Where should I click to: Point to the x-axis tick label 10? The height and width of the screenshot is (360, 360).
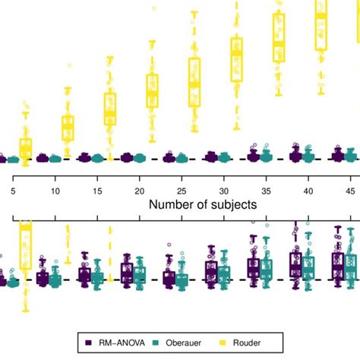tap(55, 191)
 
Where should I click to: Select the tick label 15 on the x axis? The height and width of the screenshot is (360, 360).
tap(97, 191)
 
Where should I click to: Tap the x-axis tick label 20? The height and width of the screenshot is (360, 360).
tap(139, 191)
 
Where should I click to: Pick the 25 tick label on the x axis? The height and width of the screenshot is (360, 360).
tap(181, 191)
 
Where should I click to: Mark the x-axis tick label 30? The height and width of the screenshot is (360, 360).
tap(223, 191)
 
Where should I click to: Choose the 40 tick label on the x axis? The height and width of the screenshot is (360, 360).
tap(308, 191)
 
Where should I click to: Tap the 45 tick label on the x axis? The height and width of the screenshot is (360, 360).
tap(349, 191)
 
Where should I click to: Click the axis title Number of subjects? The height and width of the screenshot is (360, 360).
tap(202, 204)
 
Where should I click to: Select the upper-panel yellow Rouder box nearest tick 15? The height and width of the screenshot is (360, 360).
tap(110, 109)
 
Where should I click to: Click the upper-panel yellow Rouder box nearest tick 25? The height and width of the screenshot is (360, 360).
tap(194, 82)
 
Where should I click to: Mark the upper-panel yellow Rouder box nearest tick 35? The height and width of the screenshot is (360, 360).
tap(279, 38)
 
